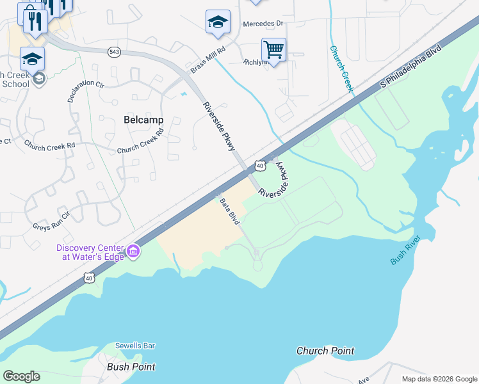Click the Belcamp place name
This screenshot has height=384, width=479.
(143, 120)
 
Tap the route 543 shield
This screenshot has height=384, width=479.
(115, 52)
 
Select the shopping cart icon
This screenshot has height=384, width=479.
(273, 49)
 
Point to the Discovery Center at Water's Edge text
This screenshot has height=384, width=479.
(90, 252)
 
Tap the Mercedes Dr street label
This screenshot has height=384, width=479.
(263, 24)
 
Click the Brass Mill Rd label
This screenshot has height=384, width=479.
(208, 59)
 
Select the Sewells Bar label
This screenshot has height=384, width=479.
(135, 346)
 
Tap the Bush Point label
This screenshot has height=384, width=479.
(131, 367)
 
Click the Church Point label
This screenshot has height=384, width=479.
(325, 351)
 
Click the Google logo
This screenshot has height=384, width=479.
(21, 376)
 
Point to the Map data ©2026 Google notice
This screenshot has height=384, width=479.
(439, 379)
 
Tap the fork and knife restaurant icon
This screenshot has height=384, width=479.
(35, 22)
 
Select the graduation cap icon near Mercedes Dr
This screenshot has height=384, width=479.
(218, 22)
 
